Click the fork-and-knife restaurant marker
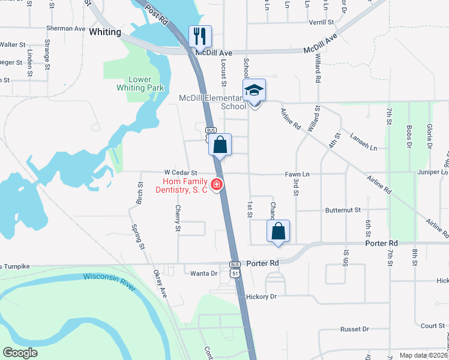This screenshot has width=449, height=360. [x=200, y=36]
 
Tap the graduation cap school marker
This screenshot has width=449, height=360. [x=254, y=91]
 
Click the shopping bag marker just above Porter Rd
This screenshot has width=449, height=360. [x=279, y=231]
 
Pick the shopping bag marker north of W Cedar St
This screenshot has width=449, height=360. [x=220, y=145]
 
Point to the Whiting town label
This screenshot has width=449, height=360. [x=105, y=32]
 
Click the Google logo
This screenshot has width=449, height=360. [x=20, y=352]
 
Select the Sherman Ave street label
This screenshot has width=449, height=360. [x=66, y=28]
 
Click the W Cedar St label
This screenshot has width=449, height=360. [x=181, y=173]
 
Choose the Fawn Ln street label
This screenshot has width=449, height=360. [x=297, y=174]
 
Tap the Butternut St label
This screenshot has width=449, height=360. [x=343, y=211]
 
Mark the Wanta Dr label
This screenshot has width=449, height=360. [x=203, y=274]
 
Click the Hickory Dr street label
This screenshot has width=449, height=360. [x=261, y=296]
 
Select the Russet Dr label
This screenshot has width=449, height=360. [x=354, y=329]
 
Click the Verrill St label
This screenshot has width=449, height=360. [x=321, y=22]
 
